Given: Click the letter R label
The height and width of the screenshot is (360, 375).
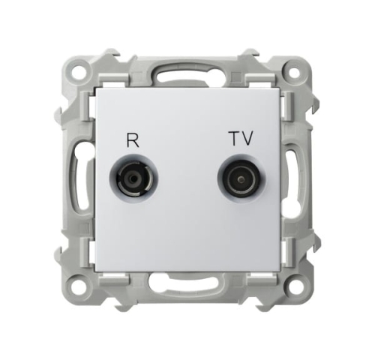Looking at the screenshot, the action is coord(133,141).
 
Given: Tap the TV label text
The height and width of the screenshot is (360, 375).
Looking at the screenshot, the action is coord(241,138).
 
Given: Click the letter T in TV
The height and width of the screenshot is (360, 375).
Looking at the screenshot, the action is coord(235,138).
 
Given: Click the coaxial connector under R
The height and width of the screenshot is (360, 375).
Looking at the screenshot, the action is coord(134,178).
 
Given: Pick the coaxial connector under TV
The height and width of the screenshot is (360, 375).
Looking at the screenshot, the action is coord(241,178).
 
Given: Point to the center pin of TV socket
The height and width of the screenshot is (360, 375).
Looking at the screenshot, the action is coord(241,179).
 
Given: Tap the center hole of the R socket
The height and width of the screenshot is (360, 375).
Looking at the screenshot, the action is coord(134,179).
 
